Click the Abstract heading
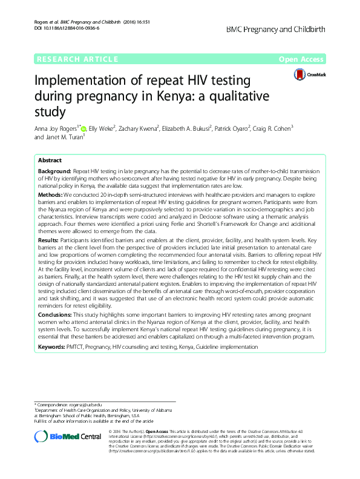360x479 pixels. click(50, 161)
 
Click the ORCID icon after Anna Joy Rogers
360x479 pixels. click(84, 129)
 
